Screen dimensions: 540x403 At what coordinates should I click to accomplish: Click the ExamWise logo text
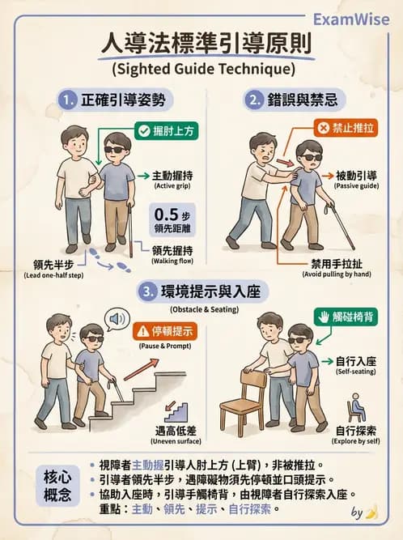pos(350,18)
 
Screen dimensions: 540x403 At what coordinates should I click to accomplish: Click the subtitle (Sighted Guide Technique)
pos(201,68)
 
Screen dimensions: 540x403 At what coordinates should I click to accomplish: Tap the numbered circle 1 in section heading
pos(67,100)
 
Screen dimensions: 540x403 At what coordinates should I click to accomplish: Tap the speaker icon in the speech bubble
pos(117,319)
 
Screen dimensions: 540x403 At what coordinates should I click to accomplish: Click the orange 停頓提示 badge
pos(165,331)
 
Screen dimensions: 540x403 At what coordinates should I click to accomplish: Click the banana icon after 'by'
pos(371,512)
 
